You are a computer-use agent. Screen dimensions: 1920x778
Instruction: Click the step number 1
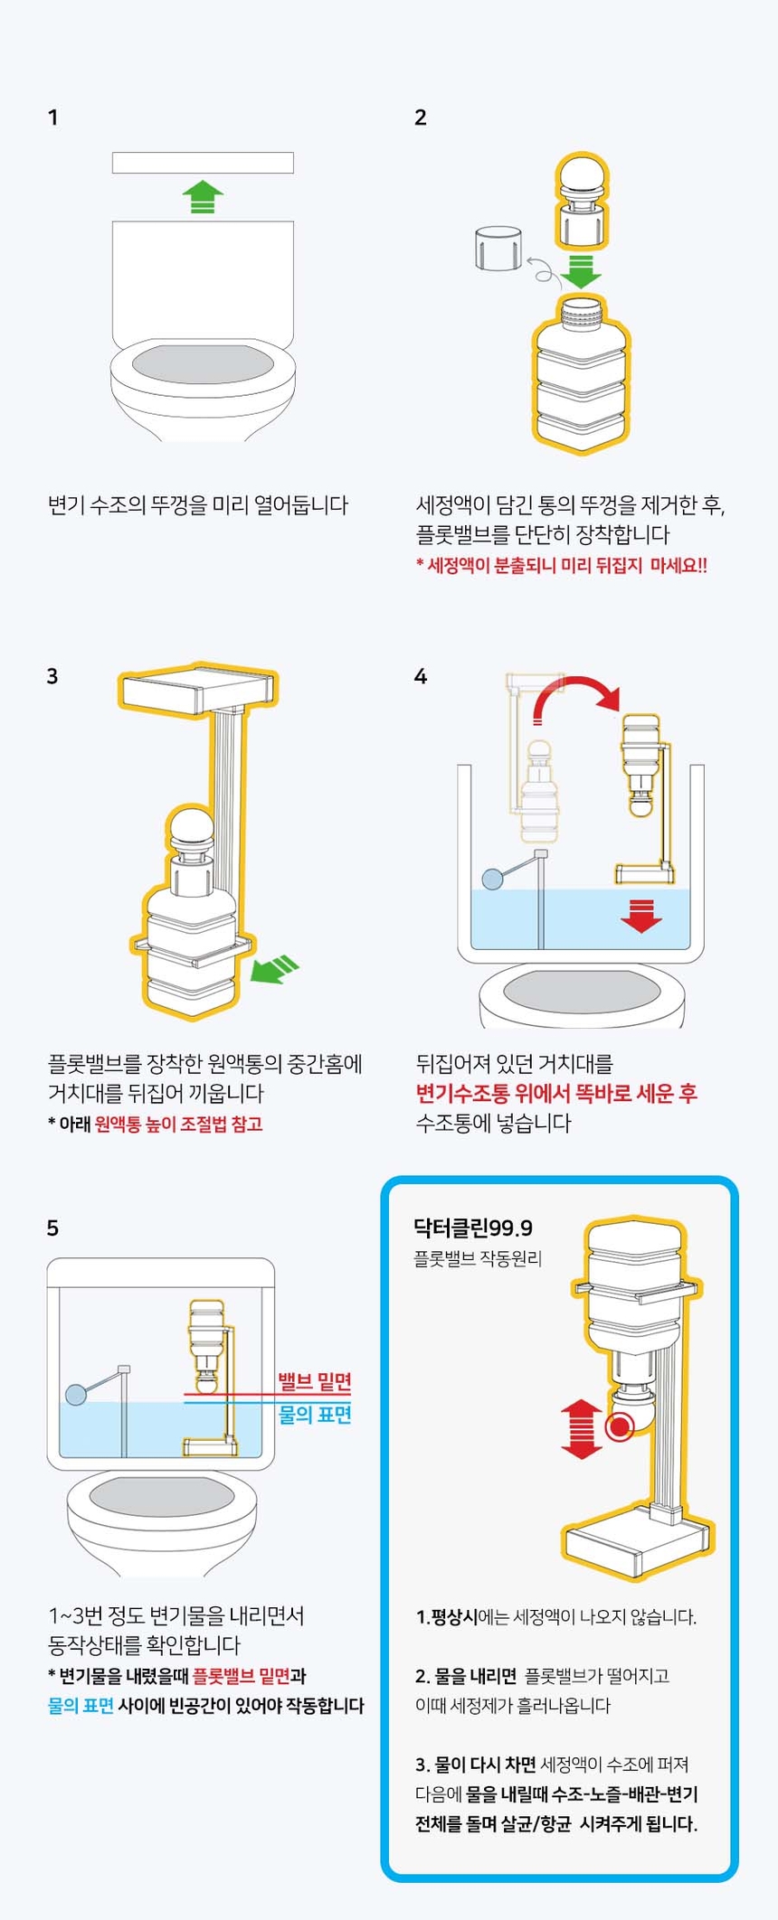52,118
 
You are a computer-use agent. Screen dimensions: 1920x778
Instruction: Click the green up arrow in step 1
203,196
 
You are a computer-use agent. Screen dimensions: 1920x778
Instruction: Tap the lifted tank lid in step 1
203,163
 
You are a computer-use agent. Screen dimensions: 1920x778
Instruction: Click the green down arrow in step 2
581,270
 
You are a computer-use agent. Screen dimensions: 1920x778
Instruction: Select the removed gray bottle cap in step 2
498,248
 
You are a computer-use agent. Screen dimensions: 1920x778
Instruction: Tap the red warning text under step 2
561,566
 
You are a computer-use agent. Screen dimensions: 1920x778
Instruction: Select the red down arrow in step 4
640,916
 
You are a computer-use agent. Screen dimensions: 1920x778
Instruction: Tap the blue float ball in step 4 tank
493,878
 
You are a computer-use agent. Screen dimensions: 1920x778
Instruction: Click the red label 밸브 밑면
314,1381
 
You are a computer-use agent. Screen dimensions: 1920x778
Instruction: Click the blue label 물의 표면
314,1414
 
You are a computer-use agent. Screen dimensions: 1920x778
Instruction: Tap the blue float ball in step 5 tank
76,1394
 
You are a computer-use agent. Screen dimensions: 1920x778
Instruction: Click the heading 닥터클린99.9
472,1228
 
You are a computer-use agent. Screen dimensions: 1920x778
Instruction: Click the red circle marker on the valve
620,1428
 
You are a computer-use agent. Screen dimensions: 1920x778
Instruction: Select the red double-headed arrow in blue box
582,1429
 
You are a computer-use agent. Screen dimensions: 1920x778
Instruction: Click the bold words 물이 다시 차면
476,1764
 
